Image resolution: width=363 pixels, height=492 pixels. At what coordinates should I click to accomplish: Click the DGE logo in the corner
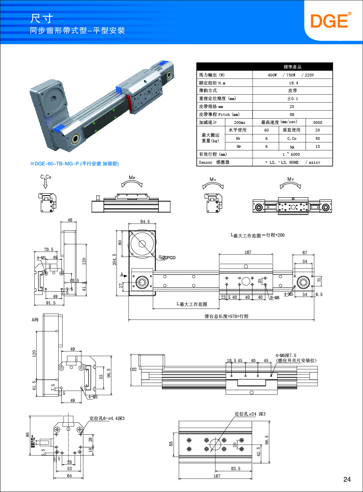(x=331, y=20)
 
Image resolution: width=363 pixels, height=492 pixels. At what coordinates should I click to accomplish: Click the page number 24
(x=347, y=479)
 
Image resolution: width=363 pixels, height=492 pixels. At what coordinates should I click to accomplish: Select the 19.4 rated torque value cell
(x=292, y=83)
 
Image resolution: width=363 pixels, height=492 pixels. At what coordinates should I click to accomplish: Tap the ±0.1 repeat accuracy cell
(x=292, y=98)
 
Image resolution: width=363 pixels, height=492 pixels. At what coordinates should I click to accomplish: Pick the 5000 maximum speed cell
(x=318, y=122)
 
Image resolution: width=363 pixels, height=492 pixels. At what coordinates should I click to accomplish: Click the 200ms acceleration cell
(x=239, y=122)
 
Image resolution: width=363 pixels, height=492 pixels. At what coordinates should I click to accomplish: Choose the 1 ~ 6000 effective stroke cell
(x=292, y=154)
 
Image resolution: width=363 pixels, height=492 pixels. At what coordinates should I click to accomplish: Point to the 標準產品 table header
(x=292, y=67)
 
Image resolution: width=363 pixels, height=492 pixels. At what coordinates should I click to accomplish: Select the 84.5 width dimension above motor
(x=145, y=221)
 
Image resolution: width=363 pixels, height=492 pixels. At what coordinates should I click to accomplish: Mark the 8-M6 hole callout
(x=274, y=298)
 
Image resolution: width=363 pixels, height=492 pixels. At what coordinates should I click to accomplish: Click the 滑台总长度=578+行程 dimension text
(x=226, y=316)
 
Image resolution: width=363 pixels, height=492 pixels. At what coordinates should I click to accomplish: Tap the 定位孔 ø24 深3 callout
(x=250, y=414)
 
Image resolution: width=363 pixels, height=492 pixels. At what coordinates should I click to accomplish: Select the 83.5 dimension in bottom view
(x=236, y=468)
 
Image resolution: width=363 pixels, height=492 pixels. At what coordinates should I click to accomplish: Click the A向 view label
(x=35, y=319)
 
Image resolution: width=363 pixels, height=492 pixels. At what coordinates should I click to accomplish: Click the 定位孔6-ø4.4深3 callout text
(x=107, y=418)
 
